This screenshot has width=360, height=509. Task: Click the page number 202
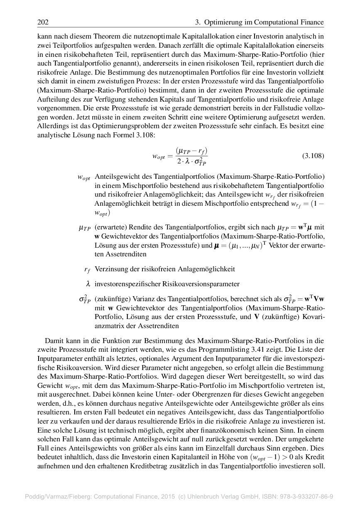pyautogui.click(x=43, y=22)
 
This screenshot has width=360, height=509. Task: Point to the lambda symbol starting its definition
pyautogui.click(x=88, y=284)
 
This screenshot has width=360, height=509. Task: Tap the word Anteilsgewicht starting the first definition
pyautogui.click(x=117, y=176)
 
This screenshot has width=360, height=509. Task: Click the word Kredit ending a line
pyautogui.click(x=314, y=457)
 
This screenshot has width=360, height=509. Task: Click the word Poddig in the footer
pyautogui.click(x=35, y=496)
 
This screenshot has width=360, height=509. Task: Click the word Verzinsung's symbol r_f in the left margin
pyautogui.click(x=87, y=270)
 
